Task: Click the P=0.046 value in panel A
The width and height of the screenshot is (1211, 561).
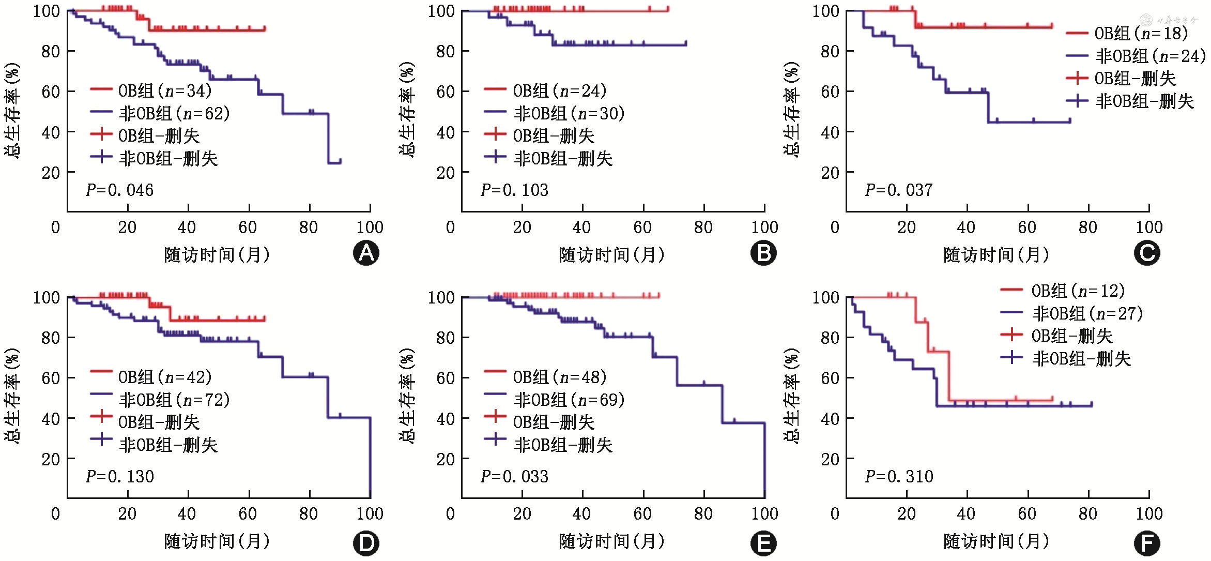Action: coord(119,190)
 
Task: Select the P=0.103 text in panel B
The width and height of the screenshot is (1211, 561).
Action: coord(514,190)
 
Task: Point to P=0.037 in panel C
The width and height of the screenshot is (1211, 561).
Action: coord(899,190)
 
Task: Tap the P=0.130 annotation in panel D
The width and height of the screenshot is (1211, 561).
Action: coord(119,476)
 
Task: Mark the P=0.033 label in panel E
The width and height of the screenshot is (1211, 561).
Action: coord(514,476)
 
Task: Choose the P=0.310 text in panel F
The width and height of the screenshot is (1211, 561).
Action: coord(899,476)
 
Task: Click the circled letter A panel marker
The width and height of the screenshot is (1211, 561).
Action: coord(366,253)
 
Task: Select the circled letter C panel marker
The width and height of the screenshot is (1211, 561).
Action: coord(1146,253)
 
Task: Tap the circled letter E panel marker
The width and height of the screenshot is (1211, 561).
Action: coord(763,543)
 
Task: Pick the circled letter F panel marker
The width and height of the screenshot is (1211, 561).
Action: coord(1146,543)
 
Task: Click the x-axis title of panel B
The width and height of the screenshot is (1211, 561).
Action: coord(611,255)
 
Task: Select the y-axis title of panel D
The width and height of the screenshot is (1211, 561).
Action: coord(12,396)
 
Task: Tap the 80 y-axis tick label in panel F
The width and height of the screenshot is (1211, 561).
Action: coord(830,338)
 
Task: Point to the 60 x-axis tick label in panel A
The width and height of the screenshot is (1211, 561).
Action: coord(248,228)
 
